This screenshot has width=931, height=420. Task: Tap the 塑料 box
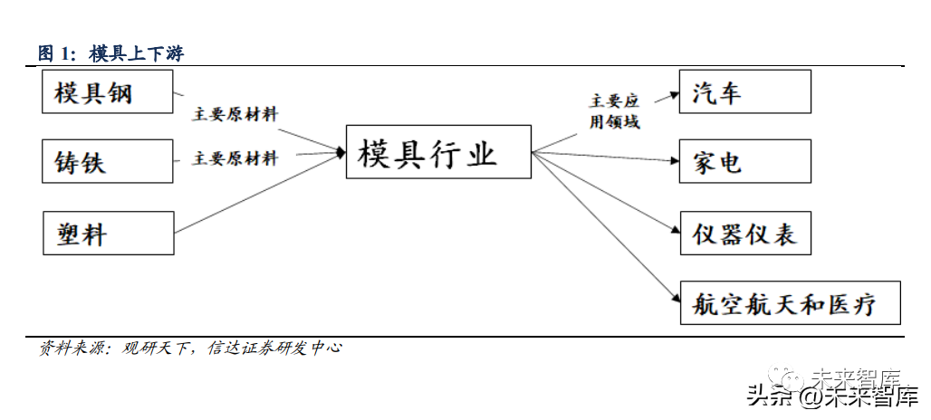tap(107, 233)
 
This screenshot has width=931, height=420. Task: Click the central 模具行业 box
tap(438, 151)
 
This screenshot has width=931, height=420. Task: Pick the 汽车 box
tap(744, 91)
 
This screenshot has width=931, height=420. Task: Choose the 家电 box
tap(744, 161)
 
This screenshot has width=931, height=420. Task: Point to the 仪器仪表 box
tap(744, 233)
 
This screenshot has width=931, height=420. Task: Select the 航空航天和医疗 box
tap(790, 301)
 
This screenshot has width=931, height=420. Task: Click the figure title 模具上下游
tap(136, 53)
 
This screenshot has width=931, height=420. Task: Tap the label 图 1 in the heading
tap(55, 53)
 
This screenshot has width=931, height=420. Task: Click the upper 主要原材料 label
tap(235, 115)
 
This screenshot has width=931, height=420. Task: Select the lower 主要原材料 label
tap(235, 158)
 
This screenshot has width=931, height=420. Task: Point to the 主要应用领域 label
tap(615, 110)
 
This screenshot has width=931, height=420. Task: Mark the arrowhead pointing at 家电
tap(675, 161)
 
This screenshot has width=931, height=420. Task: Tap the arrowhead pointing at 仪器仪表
tap(675, 232)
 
